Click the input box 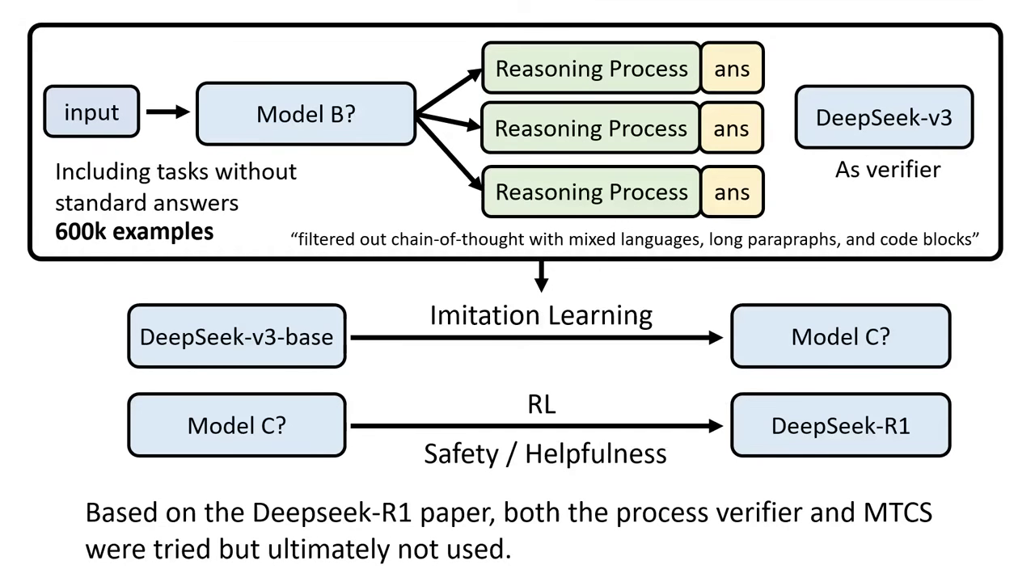click(91, 112)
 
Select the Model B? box click(306, 114)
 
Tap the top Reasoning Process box click(591, 69)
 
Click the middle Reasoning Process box click(591, 129)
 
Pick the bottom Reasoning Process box click(591, 192)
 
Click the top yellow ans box click(732, 69)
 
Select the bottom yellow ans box click(732, 192)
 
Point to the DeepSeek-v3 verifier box click(884, 118)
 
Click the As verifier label click(888, 170)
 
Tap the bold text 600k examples click(134, 232)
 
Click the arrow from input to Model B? click(167, 112)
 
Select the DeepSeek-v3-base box click(236, 337)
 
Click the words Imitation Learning click(541, 315)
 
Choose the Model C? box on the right click(840, 337)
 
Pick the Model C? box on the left click(236, 426)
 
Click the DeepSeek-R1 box click(840, 426)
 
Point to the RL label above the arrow click(541, 404)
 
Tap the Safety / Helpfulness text click(545, 454)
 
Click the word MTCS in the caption click(898, 512)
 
